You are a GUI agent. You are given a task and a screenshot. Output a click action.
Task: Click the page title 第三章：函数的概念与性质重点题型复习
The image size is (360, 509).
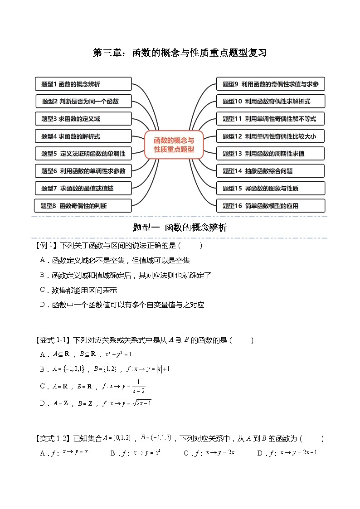coord(180,53)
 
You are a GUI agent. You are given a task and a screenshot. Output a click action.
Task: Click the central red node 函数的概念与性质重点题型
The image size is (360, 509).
coord(174,145)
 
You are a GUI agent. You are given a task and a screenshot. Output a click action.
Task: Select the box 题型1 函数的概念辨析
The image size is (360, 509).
coord(83,84)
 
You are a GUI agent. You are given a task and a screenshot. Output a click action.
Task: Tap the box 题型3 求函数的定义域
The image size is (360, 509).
coord(83,119)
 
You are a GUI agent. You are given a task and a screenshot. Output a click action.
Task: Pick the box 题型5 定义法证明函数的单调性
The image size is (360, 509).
coord(83,154)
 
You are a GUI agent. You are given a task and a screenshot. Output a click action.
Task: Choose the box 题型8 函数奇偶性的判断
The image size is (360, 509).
coord(83,206)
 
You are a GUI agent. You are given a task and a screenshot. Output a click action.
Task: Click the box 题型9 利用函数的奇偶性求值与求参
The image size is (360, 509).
coord(270,84)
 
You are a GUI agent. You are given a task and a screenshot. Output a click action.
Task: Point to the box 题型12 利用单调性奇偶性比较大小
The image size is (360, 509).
coord(270,136)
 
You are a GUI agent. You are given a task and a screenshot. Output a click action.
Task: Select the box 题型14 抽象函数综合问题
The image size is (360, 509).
coord(270,171)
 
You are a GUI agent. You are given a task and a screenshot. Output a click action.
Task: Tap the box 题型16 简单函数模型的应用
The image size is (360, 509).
coord(270,206)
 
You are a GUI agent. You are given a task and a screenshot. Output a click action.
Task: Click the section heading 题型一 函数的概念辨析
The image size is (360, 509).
coord(180,228)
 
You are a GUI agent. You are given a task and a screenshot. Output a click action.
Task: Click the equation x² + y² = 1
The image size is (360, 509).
coord(118,354)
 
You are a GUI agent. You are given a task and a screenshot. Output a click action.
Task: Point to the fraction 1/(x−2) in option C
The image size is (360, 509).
coord(138,386)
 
